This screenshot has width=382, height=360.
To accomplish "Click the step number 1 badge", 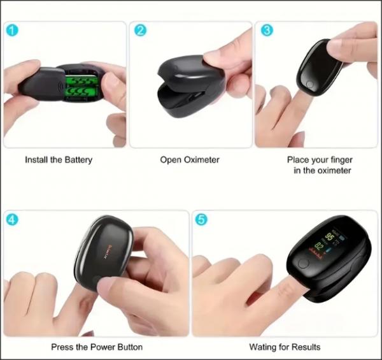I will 11,30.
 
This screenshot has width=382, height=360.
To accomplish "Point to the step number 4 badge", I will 12,219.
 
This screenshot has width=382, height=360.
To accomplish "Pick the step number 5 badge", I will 202,219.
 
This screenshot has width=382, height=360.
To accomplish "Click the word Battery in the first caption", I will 77,159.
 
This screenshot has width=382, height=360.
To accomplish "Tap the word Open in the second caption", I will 170,159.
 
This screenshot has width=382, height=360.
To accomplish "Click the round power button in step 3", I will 310,83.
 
